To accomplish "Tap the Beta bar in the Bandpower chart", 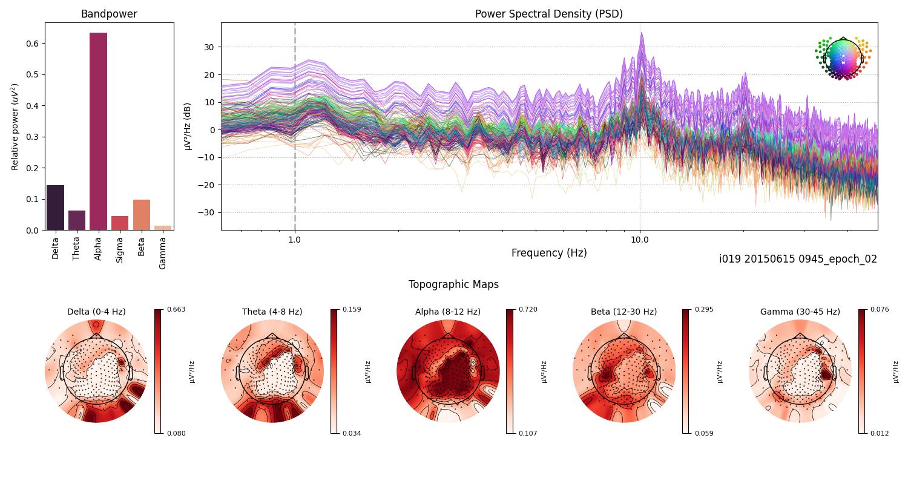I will [141, 215].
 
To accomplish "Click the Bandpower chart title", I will [109, 14].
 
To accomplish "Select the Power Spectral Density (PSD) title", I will [548, 14].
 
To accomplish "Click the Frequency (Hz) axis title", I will [548, 253].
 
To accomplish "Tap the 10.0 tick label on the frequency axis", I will [639, 239].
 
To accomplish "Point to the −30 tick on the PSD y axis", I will [209, 212].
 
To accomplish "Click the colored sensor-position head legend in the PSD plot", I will [843, 57].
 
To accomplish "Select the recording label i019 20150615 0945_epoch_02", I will [798, 259].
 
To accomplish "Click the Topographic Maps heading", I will [453, 284].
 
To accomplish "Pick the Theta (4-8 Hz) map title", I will [272, 312].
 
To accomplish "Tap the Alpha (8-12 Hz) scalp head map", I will [448, 371].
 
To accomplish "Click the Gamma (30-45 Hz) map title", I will [800, 312].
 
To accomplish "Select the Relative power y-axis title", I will [16, 126].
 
